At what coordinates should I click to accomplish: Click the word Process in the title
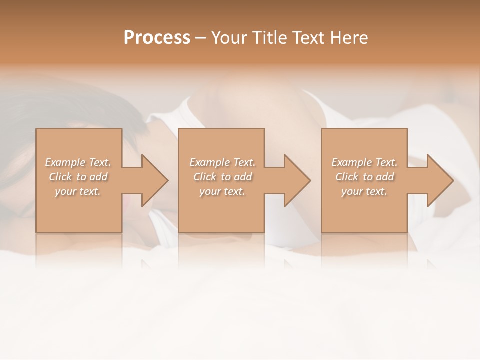point(157,38)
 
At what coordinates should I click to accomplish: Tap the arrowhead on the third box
point(439,180)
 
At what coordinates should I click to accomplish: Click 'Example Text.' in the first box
point(78,162)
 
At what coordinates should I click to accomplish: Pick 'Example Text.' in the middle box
point(222,162)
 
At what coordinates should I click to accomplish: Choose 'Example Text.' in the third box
point(364,162)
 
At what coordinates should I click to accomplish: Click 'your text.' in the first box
point(78,191)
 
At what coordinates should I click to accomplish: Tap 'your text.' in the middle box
point(222,191)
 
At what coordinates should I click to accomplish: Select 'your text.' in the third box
point(364,191)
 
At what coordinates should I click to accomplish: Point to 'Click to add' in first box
point(78,177)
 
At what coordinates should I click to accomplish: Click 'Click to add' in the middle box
point(222,177)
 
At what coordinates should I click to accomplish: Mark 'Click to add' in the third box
point(364,177)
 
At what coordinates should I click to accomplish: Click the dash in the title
point(200,38)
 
